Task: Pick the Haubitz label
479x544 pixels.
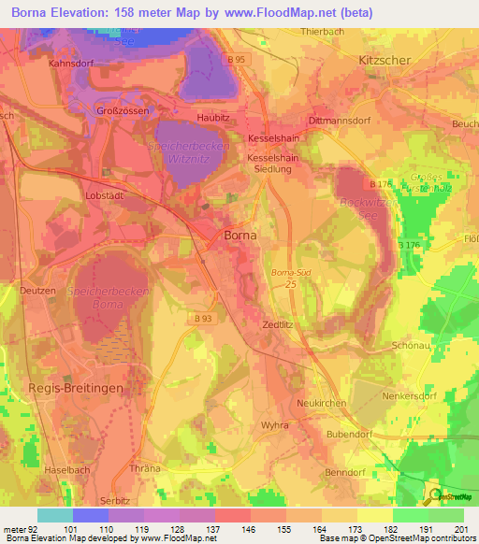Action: point(214,119)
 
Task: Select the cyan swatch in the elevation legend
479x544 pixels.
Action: point(54,515)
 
